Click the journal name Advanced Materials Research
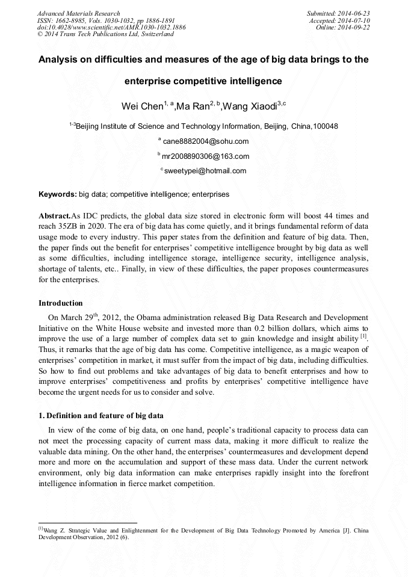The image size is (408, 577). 79,13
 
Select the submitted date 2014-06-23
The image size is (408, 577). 355,13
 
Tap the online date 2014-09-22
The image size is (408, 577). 355,28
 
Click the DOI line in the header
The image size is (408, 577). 111,28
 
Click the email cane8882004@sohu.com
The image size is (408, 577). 205,141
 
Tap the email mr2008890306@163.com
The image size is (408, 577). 205,156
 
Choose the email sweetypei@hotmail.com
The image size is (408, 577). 205,171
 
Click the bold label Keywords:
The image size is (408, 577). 58,195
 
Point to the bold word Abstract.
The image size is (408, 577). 54,215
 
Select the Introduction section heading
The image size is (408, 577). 61,303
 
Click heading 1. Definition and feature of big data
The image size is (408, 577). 101,416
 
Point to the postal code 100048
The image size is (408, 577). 325,126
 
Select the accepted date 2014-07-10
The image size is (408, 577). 355,20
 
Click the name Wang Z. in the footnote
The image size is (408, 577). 54,531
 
